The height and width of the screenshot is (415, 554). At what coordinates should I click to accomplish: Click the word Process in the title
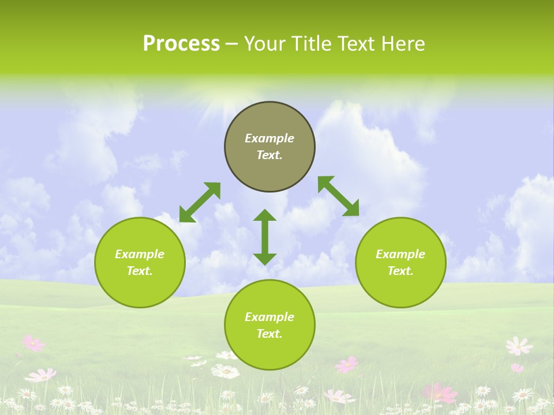pos(181,44)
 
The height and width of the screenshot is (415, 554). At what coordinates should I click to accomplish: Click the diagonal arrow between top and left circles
pos(200,202)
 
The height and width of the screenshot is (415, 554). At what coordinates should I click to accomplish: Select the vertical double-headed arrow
pos(265,237)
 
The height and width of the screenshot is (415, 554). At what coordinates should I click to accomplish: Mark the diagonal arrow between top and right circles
pos(339,196)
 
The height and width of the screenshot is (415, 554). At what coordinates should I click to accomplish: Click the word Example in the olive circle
pos(269,138)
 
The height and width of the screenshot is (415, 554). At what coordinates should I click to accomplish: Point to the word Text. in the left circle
pos(140,271)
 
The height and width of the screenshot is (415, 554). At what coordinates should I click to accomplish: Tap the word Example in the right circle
pos(400,254)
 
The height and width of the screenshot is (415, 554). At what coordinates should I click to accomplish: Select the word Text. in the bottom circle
pos(269,334)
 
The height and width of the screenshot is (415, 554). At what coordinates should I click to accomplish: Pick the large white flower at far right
pos(518,346)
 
